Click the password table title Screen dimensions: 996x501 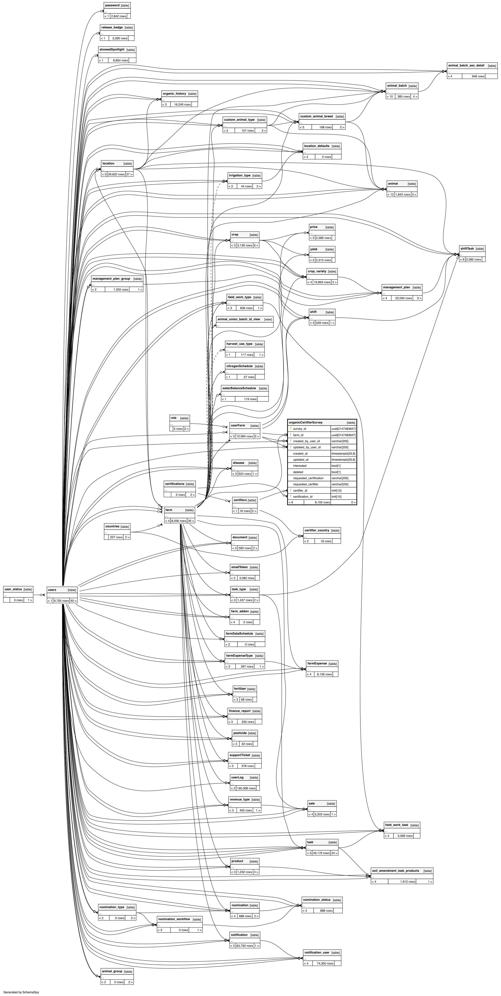point(112,5)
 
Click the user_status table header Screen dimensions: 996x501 point(13,589)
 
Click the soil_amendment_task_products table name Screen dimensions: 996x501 point(395,871)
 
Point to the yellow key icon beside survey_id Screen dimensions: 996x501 point(290,429)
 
